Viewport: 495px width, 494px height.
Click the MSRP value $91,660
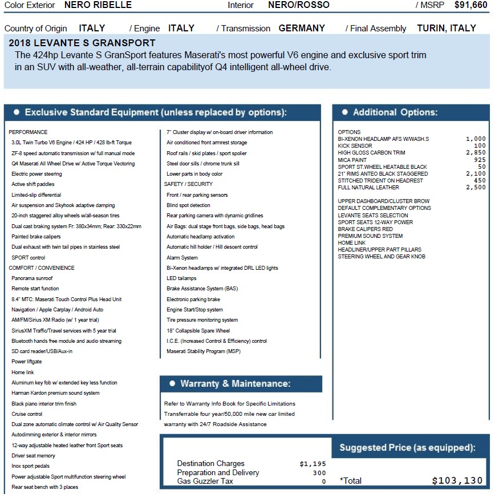click(x=470, y=5)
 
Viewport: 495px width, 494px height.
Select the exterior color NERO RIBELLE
click(x=98, y=5)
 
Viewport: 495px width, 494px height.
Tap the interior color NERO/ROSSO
click(x=299, y=5)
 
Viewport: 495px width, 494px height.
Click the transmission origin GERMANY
click(x=302, y=28)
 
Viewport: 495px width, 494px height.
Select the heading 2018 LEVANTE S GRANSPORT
click(x=82, y=43)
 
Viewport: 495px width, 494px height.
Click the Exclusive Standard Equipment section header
click(x=156, y=112)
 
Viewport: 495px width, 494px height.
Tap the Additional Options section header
click(x=395, y=112)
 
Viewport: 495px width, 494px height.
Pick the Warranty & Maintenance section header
click(x=235, y=384)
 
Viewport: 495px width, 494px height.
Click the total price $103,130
click(x=457, y=481)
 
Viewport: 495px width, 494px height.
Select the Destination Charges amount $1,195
click(x=313, y=464)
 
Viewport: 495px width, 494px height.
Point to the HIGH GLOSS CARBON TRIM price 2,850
click(x=476, y=153)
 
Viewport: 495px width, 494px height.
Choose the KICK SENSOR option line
click(x=355, y=146)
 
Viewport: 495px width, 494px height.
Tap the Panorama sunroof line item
click(x=32, y=278)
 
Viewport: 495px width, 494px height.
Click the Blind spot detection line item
click(x=188, y=205)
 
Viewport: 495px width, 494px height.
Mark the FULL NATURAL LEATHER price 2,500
click(x=476, y=188)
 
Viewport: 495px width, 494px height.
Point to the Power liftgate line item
click(x=27, y=362)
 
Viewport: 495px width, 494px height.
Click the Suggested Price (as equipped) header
click(x=407, y=448)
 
